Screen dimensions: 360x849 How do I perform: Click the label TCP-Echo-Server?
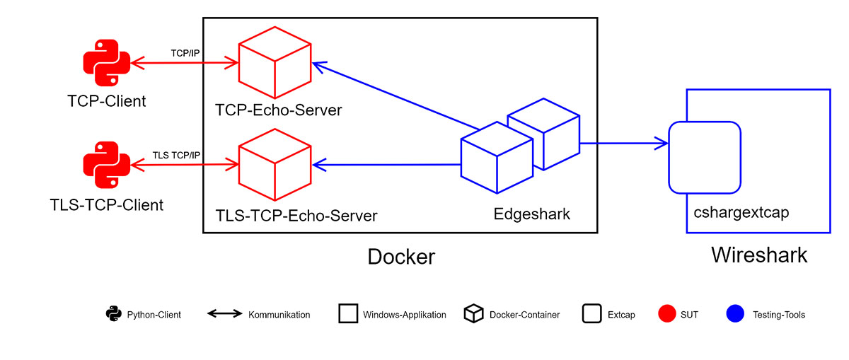279,110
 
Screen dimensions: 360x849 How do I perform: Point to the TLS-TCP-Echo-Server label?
296,215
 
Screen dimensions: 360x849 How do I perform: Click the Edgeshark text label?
531,213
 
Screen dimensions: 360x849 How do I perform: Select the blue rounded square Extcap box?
705,158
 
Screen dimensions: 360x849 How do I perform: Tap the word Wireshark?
758,255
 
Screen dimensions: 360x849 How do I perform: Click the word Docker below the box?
401,257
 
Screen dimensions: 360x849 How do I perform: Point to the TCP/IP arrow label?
185,53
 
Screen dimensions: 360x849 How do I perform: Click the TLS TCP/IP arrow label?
176,155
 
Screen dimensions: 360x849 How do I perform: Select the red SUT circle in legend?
667,314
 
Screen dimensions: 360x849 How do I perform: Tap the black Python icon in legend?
112,314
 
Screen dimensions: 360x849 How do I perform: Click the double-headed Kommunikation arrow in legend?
225,314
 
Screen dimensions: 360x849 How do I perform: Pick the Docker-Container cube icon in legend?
473,314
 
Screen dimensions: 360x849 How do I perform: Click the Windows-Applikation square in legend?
348,314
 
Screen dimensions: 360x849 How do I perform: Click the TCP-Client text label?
107,101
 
